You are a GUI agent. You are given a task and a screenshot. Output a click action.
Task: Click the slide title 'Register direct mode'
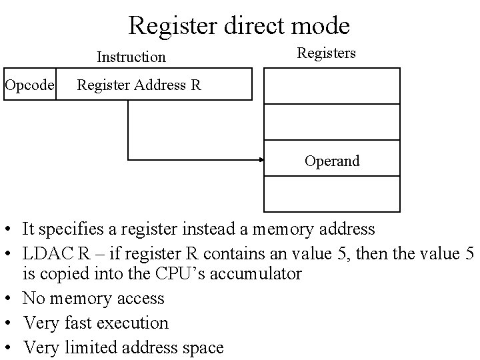pos(239,26)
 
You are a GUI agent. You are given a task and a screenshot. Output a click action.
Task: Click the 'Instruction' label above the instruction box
pos(131,57)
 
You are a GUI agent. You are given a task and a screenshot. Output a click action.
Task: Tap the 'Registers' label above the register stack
pos(326,53)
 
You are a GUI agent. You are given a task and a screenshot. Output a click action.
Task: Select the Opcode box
pos(29,85)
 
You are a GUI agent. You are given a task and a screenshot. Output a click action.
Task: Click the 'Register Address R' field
pos(154,85)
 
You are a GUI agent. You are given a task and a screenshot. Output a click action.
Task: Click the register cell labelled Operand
pos(332,160)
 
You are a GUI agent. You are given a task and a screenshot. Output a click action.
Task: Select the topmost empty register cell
pos(332,86)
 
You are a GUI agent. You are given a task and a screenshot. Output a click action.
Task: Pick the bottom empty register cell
pos(332,194)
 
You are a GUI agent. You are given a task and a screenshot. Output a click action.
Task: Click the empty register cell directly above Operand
pos(332,123)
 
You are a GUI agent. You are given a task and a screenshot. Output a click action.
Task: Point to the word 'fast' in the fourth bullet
pos(80,323)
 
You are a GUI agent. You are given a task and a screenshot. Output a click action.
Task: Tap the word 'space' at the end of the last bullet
pos(202,348)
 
